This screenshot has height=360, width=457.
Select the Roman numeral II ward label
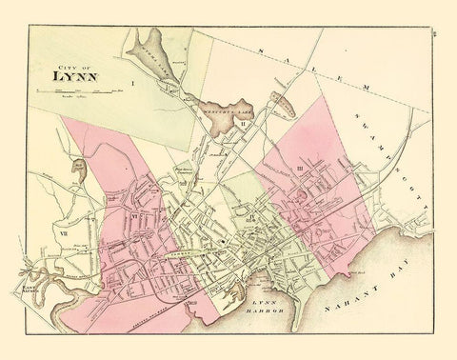[243, 123]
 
